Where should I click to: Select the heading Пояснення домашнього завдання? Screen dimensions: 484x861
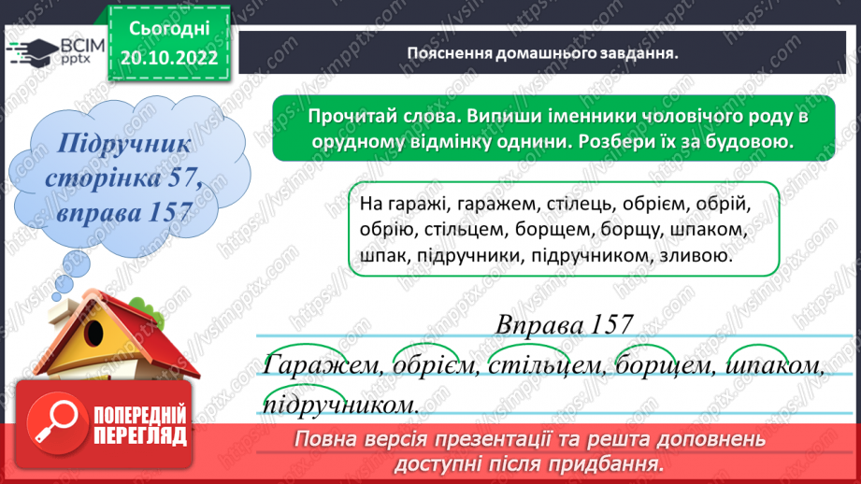[542, 53]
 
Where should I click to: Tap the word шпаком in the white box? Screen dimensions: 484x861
[706, 229]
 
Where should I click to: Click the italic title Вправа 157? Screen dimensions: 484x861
[563, 325]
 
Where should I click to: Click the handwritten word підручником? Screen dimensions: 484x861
[341, 406]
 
